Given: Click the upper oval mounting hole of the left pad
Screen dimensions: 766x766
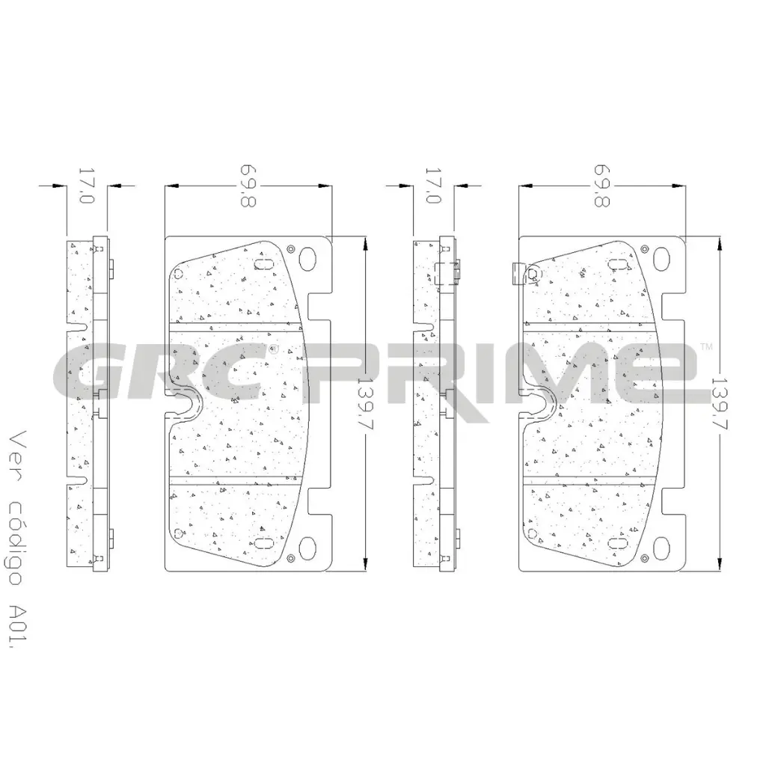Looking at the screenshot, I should pos(307,258).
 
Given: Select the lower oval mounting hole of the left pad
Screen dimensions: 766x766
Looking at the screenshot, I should pos(307,548).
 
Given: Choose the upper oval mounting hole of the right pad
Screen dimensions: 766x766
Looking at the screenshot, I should pos(661,258).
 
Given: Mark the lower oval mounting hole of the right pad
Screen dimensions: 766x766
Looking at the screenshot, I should pos(661,548).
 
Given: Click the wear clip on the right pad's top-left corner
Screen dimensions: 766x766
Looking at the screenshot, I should pos(516,274).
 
